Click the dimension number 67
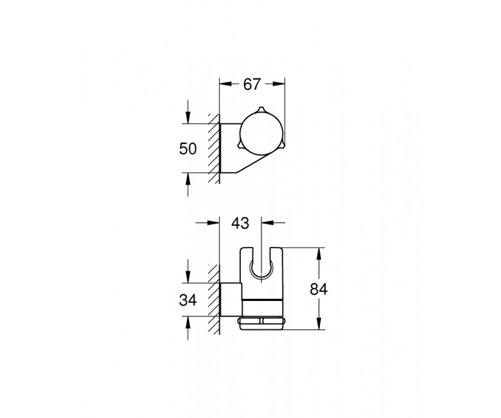(x=252, y=84)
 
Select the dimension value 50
(x=188, y=149)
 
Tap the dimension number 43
(x=240, y=223)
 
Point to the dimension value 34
(x=188, y=300)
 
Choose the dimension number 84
(x=319, y=289)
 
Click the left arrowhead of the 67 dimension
(x=225, y=84)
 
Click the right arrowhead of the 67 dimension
(x=279, y=84)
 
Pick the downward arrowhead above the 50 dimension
(x=188, y=118)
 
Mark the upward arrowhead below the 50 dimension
(x=188, y=179)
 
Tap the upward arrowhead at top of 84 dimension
(x=319, y=253)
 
